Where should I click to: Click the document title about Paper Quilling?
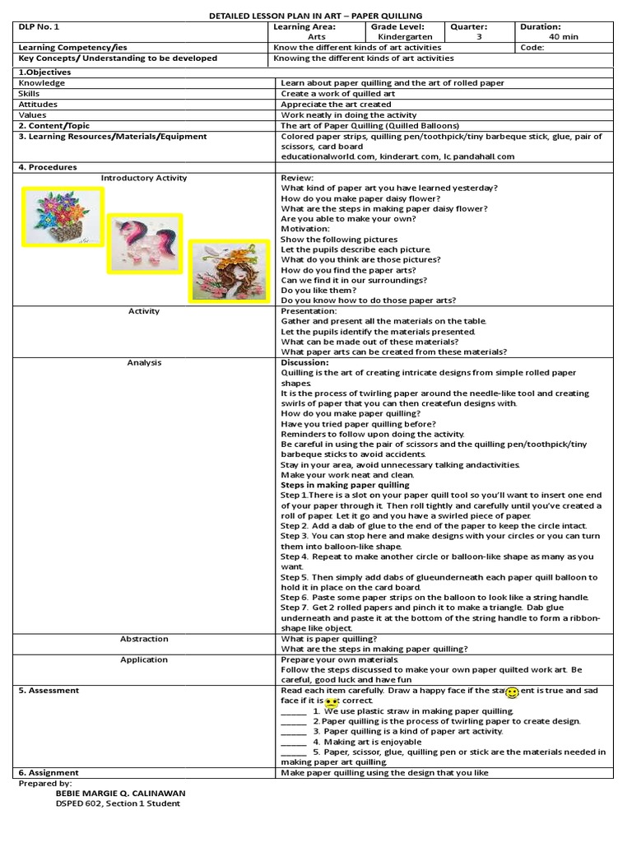[316, 15]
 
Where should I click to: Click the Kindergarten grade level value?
[398, 37]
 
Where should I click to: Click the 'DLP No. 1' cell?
[39, 26]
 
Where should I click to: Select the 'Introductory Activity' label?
[144, 178]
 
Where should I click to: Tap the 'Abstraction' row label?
[144, 639]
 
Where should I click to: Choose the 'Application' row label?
[144, 659]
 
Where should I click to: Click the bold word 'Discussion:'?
[304, 362]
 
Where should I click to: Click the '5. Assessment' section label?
[49, 691]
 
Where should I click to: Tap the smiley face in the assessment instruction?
[511, 692]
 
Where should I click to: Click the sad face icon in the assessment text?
[332, 702]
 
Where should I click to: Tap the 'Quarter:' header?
[468, 26]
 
